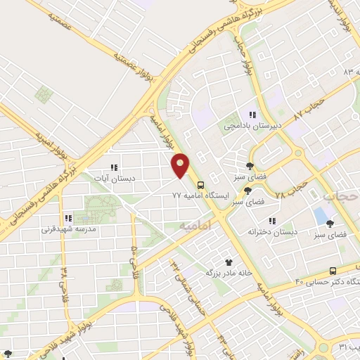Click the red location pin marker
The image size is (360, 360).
[181, 165]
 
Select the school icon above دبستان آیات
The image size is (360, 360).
[113, 167]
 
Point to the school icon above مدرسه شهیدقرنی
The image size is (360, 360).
[68, 218]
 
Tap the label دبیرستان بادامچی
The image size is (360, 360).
[252, 126]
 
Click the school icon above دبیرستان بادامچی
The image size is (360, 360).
[252, 115]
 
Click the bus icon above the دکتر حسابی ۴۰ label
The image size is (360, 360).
[333, 271]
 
